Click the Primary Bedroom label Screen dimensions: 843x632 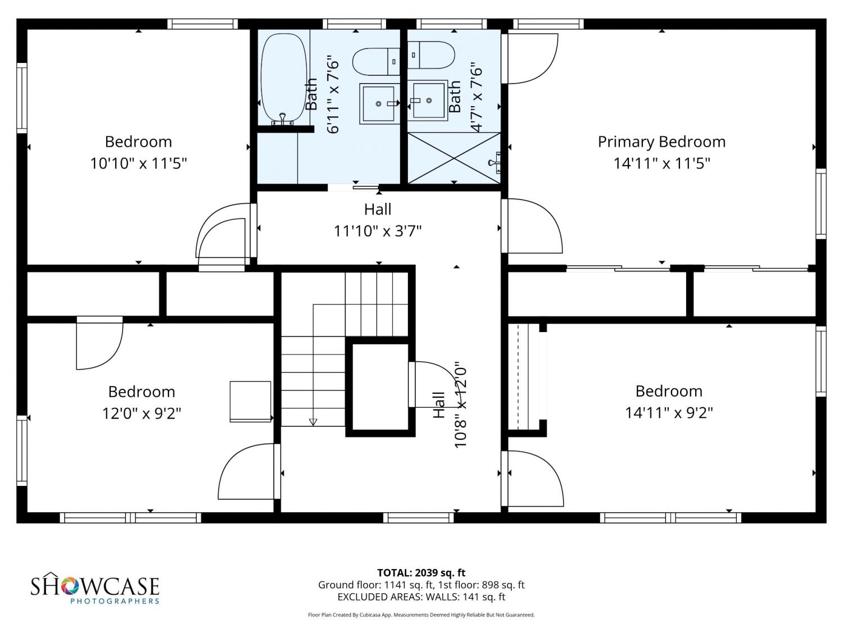tap(661, 142)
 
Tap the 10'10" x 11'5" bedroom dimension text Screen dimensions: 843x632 tap(138, 163)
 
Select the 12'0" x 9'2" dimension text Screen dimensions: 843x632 tap(141, 413)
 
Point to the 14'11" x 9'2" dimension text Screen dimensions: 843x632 tap(669, 413)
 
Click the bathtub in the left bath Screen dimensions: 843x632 tap(284, 79)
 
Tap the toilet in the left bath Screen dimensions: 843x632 tap(377, 62)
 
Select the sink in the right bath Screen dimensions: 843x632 tap(428, 100)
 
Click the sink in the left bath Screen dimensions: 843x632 tap(379, 103)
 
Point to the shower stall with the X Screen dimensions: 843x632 tap(454, 158)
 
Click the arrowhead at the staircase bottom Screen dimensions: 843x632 tap(313, 422)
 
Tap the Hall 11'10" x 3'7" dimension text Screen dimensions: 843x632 tap(378, 231)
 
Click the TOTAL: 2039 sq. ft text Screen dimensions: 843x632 tap(422, 573)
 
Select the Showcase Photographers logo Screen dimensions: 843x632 tap(95, 588)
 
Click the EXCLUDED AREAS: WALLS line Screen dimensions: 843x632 tap(422, 597)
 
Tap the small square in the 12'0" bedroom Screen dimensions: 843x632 tap(251, 401)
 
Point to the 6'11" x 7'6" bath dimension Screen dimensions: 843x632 tap(333, 97)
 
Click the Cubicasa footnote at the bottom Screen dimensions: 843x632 tap(422, 615)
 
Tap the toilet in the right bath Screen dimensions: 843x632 tap(431, 55)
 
